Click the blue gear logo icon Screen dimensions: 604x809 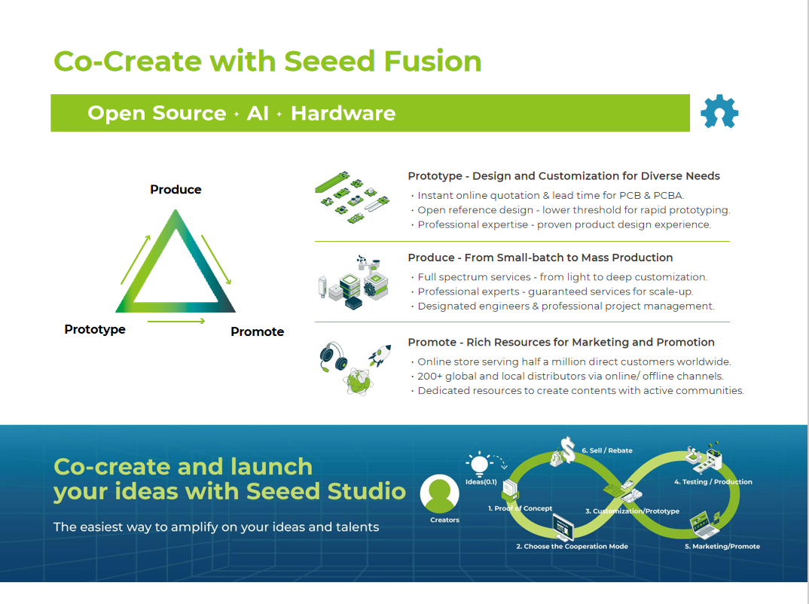[719, 112]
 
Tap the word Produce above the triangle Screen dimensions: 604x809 [176, 190]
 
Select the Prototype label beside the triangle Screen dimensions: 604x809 [95, 329]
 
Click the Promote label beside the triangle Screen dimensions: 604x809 [257, 331]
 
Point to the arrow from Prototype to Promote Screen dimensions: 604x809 [176, 322]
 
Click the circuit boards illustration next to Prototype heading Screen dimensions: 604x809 [352, 198]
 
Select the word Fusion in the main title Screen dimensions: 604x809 [432, 61]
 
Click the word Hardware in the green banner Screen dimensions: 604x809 [343, 113]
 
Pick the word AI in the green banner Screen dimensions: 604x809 [258, 113]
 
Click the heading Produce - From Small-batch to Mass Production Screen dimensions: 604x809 [540, 258]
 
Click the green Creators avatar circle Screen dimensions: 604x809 [440, 494]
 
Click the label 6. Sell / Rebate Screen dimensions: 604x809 [607, 450]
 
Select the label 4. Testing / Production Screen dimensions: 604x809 [713, 482]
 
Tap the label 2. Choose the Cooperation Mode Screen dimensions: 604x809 [572, 546]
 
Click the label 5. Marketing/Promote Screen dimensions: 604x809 [722, 546]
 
